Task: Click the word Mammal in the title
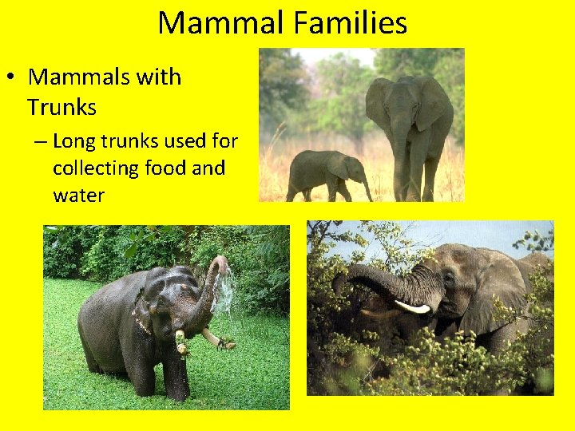(216, 23)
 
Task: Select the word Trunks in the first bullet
(61, 107)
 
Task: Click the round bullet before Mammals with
(10, 78)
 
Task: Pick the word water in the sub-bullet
(78, 195)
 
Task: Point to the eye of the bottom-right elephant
(448, 281)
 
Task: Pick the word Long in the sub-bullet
(72, 142)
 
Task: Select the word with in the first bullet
(163, 78)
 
